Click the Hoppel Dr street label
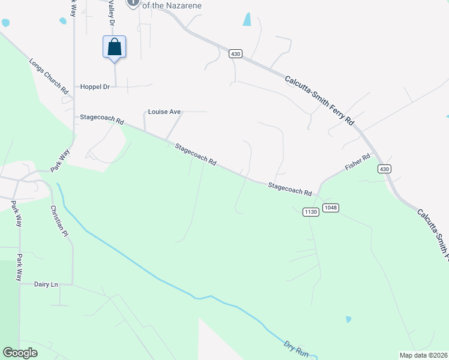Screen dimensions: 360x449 coord(95,87)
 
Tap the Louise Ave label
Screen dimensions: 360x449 coord(164,112)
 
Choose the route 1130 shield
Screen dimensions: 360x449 coord(310,212)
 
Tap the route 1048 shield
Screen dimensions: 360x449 coord(330,208)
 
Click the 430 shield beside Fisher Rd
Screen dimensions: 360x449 coord(384,169)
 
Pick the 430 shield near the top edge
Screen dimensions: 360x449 coord(235,54)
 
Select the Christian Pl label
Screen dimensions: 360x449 coord(58,221)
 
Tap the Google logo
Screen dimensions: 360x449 coord(20,353)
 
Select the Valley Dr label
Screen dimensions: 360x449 coord(111,12)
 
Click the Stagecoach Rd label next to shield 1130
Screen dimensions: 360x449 coord(290,188)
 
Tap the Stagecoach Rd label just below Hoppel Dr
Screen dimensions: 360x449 coord(101,119)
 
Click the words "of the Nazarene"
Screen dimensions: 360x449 coord(172,5)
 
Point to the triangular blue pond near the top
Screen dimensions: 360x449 coord(247,19)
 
